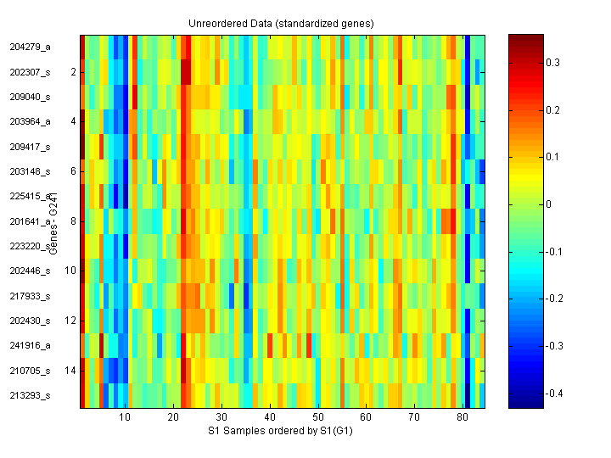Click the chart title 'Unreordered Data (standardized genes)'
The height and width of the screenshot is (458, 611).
click(x=281, y=23)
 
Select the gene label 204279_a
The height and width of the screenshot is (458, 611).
click(x=31, y=47)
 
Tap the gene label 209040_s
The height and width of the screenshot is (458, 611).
click(x=31, y=97)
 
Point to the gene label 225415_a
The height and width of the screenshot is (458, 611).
click(x=31, y=196)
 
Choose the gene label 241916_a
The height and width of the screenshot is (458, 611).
click(x=31, y=345)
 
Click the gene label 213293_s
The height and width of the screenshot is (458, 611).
click(x=31, y=395)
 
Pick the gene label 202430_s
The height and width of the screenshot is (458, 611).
click(x=31, y=321)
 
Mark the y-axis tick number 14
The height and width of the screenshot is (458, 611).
click(x=70, y=371)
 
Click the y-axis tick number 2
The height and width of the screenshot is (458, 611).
click(x=73, y=72)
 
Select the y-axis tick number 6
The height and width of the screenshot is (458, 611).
click(x=73, y=171)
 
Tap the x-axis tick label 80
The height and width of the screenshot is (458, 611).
click(x=462, y=418)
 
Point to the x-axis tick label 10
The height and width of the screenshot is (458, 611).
click(x=125, y=418)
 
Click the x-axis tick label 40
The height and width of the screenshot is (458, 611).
click(x=270, y=418)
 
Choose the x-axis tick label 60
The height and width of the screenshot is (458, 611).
click(x=366, y=418)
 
